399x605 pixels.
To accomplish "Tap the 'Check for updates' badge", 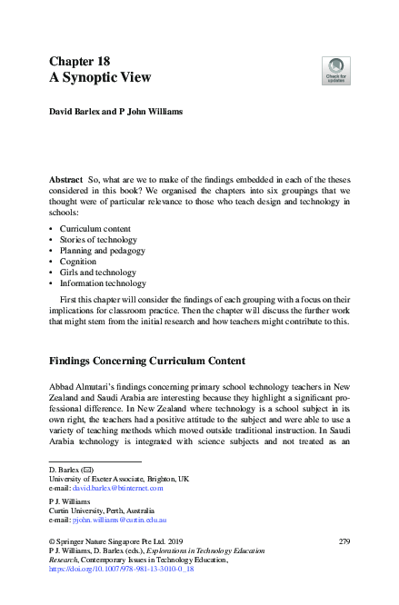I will click(336, 70).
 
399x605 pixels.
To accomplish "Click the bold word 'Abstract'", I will click(65, 182).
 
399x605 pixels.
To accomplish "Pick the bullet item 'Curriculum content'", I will click(97, 228).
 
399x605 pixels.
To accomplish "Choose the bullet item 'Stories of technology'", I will click(101, 239).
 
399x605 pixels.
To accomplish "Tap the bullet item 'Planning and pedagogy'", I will click(103, 250).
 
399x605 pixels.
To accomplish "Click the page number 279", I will click(343, 541).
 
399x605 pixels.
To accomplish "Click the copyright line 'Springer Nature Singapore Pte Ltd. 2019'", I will click(118, 541).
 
